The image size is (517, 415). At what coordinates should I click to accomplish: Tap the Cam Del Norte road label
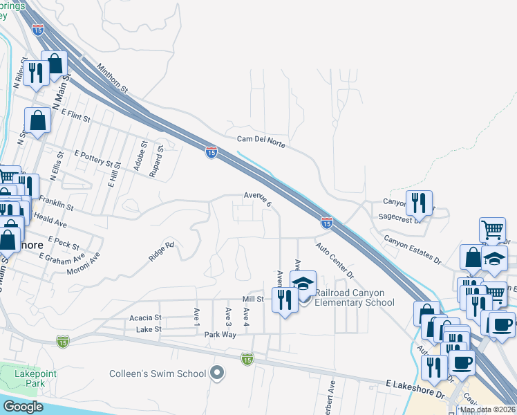coord(261,140)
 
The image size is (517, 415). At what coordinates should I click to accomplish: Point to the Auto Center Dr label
coord(335,260)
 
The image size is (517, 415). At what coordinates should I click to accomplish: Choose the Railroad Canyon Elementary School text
coord(355,297)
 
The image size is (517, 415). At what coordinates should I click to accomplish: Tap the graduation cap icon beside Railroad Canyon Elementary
coord(303,283)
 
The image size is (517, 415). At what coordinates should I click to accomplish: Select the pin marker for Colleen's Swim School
coord(217,373)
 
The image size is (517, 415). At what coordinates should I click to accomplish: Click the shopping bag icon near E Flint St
coord(39,120)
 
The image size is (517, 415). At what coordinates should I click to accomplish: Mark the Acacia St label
coord(145,318)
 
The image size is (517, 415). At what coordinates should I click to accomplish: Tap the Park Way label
coord(220,334)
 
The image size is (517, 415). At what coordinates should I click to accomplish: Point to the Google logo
coord(23,407)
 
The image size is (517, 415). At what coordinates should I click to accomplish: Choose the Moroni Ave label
coord(84,263)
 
